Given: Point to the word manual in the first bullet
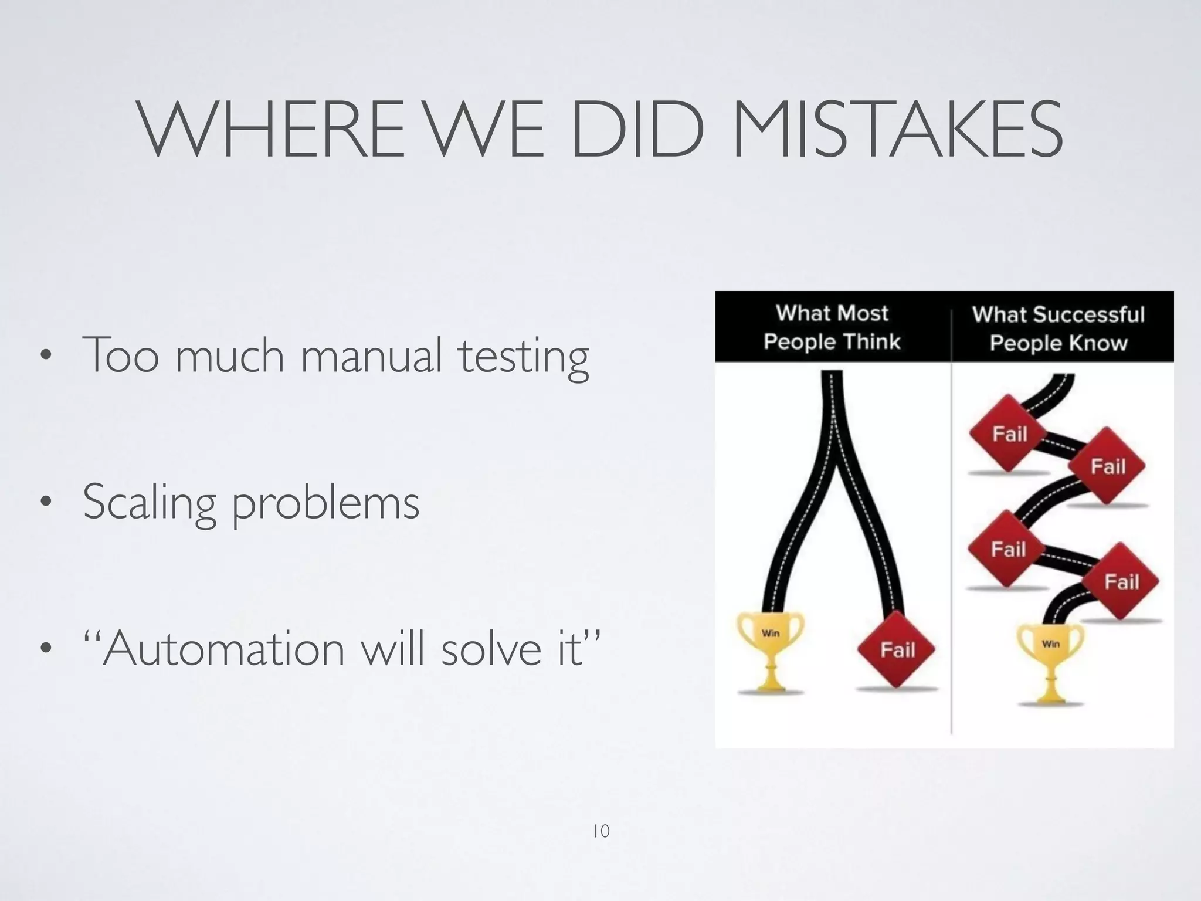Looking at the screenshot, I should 371,355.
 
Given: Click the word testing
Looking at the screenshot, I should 524,358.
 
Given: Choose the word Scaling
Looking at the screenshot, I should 150,503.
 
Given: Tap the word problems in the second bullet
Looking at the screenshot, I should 326,504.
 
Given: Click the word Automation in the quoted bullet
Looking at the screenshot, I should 223,649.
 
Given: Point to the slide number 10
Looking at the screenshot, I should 601,831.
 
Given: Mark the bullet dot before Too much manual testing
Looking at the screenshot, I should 45,355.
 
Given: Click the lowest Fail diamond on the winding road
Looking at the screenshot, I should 1121,581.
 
